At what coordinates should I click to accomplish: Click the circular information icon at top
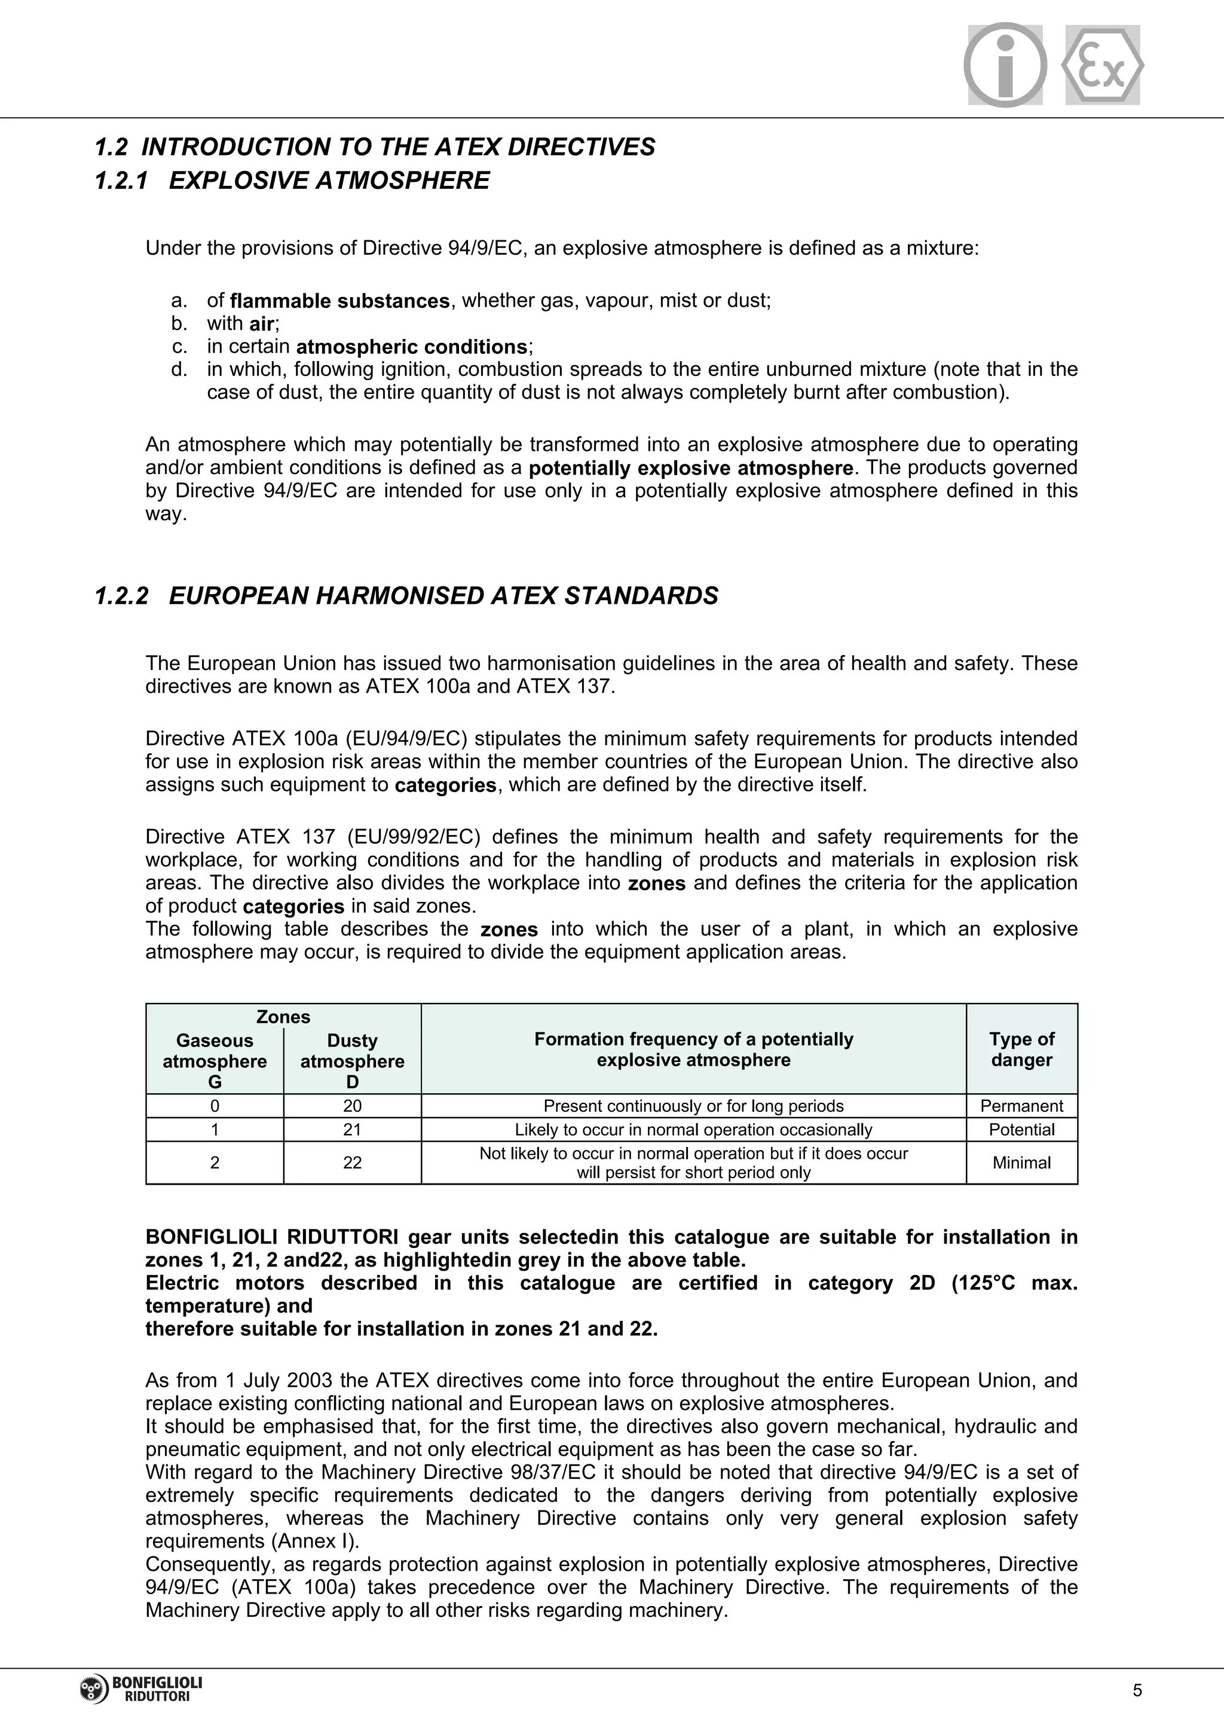tap(1005, 65)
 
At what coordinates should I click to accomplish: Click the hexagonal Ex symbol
tap(1102, 65)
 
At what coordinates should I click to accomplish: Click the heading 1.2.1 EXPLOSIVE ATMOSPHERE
tap(292, 181)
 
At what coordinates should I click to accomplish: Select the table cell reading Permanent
tap(1021, 1106)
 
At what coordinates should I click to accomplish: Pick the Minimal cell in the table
tap(1021, 1163)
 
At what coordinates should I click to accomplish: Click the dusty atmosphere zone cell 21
tap(352, 1129)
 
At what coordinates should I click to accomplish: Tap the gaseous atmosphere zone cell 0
tap(215, 1106)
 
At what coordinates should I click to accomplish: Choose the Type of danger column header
tap(1021, 1050)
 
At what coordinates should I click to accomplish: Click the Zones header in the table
tap(283, 1017)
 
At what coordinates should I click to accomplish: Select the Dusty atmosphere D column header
tap(352, 1061)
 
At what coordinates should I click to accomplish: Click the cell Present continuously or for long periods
tap(693, 1106)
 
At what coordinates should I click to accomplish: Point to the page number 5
tap(1137, 1690)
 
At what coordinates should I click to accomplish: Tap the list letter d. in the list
tap(179, 369)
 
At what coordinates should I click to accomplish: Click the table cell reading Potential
tap(1021, 1129)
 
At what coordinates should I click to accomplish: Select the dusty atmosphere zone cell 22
tap(352, 1163)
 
